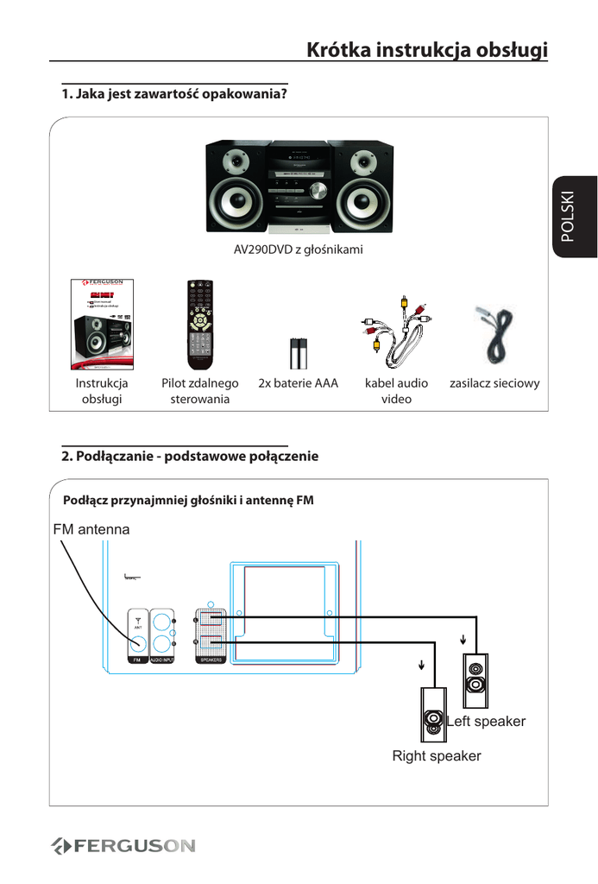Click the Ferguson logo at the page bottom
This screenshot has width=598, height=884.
point(123,845)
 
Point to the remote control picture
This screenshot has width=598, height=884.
point(200,325)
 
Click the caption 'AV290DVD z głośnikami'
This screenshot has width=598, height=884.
point(299,250)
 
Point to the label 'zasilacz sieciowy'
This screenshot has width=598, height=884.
point(494,382)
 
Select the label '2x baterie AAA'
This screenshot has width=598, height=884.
point(299,382)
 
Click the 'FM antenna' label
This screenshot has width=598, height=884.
point(91,529)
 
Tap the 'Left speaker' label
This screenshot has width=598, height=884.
point(487,721)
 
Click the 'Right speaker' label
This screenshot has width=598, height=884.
point(437,756)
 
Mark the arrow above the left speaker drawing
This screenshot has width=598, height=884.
point(464,640)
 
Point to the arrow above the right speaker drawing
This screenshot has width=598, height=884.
point(422,665)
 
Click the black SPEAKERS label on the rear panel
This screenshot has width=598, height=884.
point(211,660)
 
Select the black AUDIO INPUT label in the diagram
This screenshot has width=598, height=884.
point(163,660)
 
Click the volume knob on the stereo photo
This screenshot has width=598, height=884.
point(317,191)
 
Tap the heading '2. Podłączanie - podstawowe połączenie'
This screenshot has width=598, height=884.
point(190,456)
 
